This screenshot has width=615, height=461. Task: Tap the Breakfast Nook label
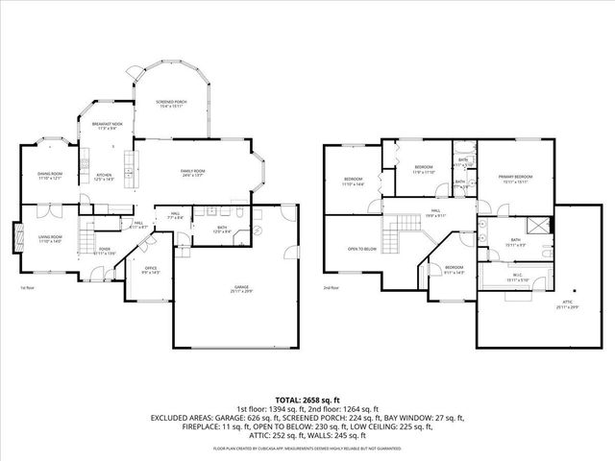(107, 126)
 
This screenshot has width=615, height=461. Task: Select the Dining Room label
(49, 176)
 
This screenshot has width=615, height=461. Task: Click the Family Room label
(193, 173)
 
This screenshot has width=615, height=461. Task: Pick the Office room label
(150, 270)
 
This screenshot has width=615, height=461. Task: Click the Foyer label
(106, 250)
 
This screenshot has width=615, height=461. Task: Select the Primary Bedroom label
(515, 179)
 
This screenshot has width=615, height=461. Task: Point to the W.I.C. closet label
(515, 278)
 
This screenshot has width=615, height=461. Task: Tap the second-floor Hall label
(435, 212)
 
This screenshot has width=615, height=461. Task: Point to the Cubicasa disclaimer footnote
(307, 449)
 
